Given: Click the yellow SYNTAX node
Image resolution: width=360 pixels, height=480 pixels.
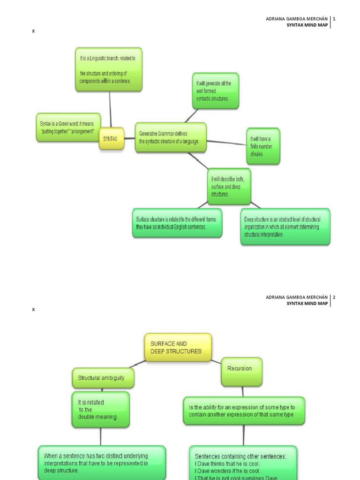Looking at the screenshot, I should [x=111, y=139].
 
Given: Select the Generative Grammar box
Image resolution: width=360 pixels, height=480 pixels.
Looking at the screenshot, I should [x=171, y=137].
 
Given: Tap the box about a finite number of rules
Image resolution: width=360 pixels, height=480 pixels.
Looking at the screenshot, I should [x=263, y=146].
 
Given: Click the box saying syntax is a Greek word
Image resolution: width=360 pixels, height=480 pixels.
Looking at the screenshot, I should [x=68, y=127].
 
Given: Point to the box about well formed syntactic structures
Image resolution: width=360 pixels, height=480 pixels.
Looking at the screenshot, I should [x=215, y=91].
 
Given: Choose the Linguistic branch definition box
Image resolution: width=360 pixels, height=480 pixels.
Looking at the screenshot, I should [x=109, y=69].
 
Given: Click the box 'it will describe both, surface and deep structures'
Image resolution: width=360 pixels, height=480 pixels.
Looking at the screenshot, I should [x=229, y=186].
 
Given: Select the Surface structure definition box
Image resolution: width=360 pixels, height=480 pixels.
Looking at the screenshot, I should [x=177, y=223].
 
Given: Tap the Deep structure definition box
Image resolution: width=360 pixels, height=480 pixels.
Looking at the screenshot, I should [x=285, y=226].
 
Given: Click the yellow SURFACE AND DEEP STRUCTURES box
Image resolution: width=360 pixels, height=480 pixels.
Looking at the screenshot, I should [x=178, y=347].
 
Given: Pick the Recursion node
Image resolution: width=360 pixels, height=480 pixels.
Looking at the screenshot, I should [x=241, y=371].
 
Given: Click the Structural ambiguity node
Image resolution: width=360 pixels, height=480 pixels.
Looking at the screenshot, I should [x=103, y=378].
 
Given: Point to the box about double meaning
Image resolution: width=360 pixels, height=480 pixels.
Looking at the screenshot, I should [x=100, y=409].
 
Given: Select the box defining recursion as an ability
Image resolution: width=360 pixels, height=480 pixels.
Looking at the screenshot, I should [x=244, y=411].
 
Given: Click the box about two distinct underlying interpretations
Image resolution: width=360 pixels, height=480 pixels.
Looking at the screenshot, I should [x=101, y=463].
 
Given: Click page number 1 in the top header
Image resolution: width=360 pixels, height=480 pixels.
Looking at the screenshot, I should [x=334, y=19].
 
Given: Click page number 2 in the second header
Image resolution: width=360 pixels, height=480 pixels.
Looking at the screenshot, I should [x=334, y=297].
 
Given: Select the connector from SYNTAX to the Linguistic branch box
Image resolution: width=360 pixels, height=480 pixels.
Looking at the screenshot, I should [x=111, y=109].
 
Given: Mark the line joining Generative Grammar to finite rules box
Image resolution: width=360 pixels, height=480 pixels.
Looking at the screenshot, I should [x=227, y=142].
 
